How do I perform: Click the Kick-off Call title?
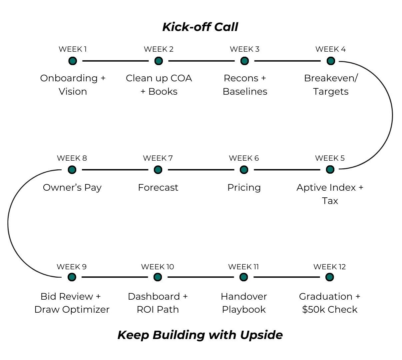[x=200, y=27]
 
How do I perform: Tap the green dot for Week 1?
[x=73, y=61]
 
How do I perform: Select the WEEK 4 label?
[x=330, y=49]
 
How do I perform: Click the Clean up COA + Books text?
[x=159, y=85]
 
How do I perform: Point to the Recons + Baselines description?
[x=245, y=85]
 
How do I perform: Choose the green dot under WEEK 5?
[x=330, y=170]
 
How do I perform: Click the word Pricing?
[x=244, y=187]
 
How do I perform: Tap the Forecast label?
[x=158, y=187]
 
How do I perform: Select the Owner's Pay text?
[x=72, y=187]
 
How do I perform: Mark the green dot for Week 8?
[x=72, y=170]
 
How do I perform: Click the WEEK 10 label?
[x=158, y=267]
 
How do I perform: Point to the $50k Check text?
[x=330, y=309]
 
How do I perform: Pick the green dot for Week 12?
[x=329, y=277]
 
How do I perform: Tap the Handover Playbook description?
[x=244, y=303]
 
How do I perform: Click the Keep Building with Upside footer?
[x=200, y=335]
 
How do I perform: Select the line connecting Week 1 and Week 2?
[x=115, y=61]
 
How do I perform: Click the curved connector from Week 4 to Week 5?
[x=392, y=115]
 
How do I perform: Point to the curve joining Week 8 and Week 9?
[x=8, y=223]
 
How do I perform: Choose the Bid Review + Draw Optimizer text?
[x=72, y=303]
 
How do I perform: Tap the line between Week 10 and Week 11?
[x=201, y=277]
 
